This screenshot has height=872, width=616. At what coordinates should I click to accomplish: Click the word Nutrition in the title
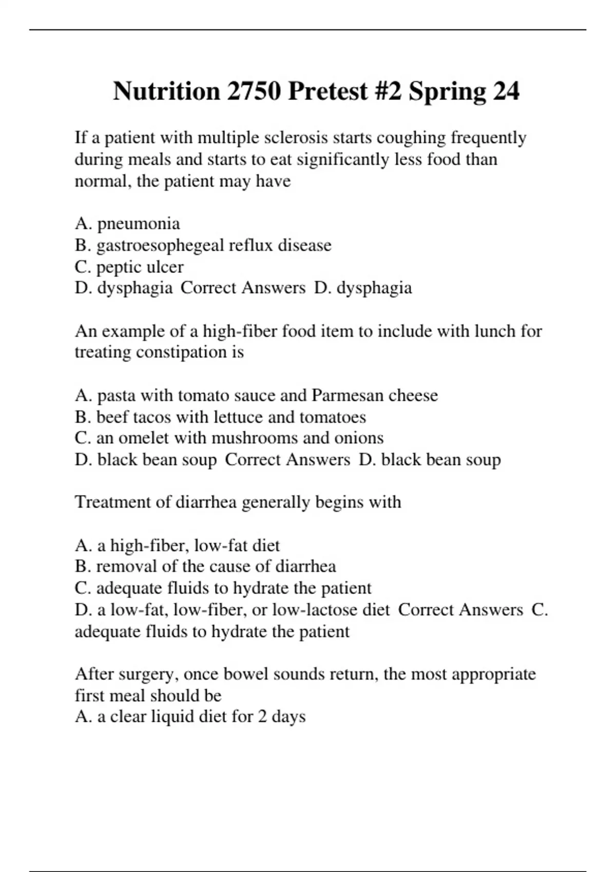[166, 91]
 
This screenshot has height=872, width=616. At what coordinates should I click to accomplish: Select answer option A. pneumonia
[127, 224]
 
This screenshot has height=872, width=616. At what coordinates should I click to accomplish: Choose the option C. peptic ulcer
[129, 267]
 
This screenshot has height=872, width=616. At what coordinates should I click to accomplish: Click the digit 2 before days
[262, 717]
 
